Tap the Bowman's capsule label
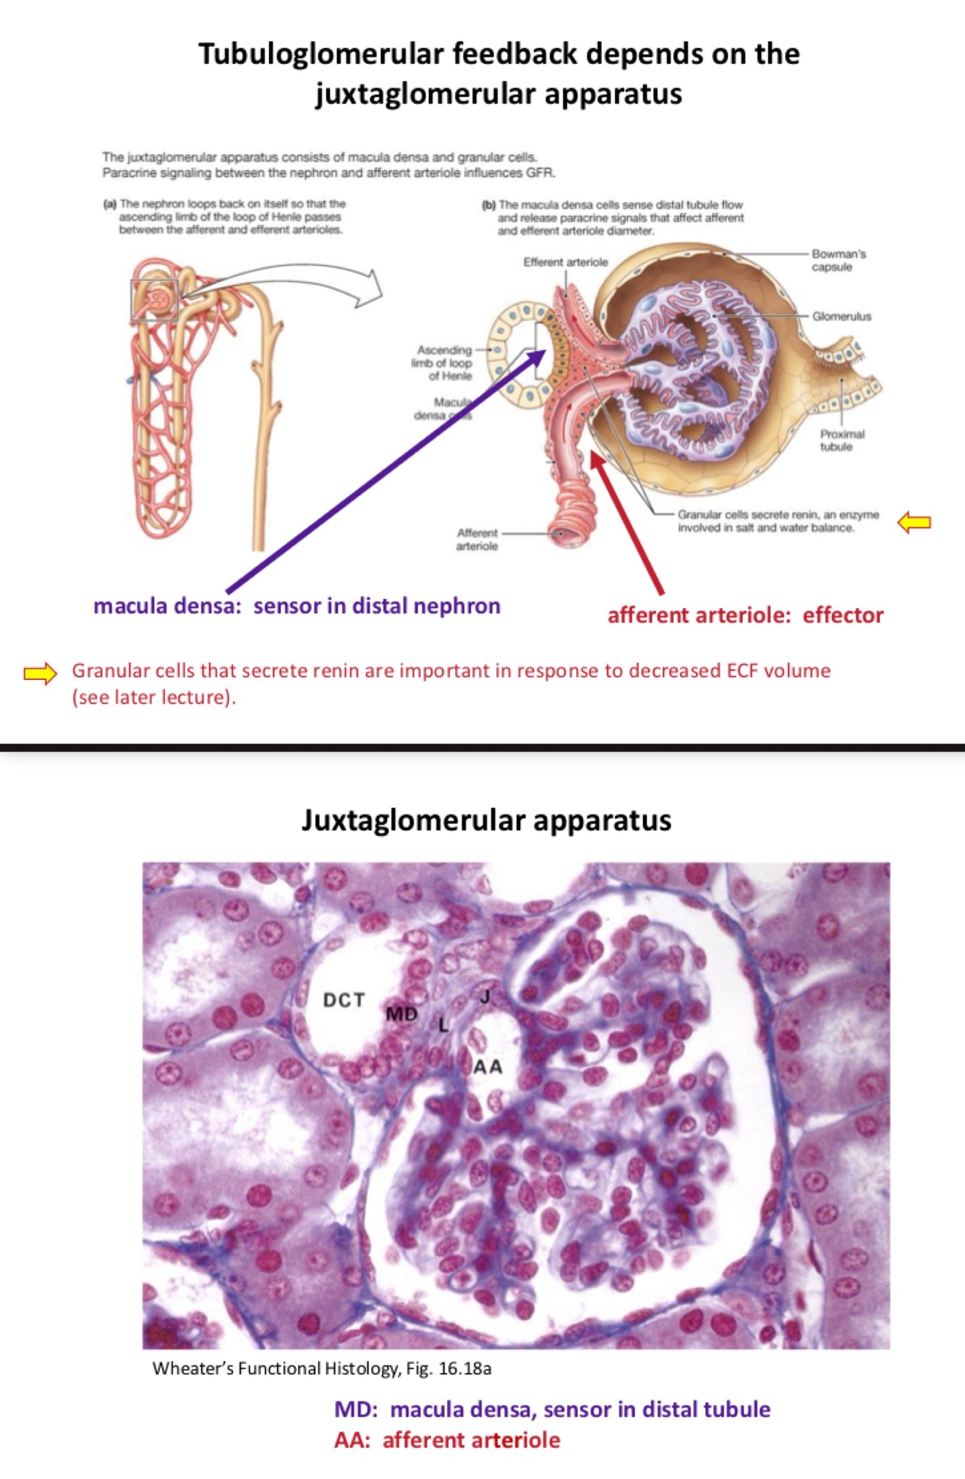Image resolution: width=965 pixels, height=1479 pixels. [838, 260]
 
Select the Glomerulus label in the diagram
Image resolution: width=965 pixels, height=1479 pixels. [841, 316]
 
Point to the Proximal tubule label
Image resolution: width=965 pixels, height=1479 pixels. [842, 440]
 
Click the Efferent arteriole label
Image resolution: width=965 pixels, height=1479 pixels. [566, 262]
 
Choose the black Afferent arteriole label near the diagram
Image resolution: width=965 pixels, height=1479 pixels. [477, 539]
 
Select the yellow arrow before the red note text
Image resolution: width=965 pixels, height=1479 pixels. [40, 673]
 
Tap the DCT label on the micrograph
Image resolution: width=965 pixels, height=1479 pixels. [344, 1000]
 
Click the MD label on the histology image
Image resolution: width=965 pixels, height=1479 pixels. [401, 1014]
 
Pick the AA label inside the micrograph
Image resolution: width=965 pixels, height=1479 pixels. [488, 1066]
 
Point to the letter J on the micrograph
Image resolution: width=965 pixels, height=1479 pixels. [485, 997]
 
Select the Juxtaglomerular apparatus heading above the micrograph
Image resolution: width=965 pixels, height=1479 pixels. [486, 820]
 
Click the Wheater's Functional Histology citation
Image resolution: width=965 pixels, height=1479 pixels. [322, 1368]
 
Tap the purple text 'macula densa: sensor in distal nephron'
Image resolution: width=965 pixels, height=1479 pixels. [297, 605]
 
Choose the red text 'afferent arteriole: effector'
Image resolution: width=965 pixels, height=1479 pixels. [745, 615]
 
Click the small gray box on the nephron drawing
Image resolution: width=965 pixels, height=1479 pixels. [154, 299]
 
